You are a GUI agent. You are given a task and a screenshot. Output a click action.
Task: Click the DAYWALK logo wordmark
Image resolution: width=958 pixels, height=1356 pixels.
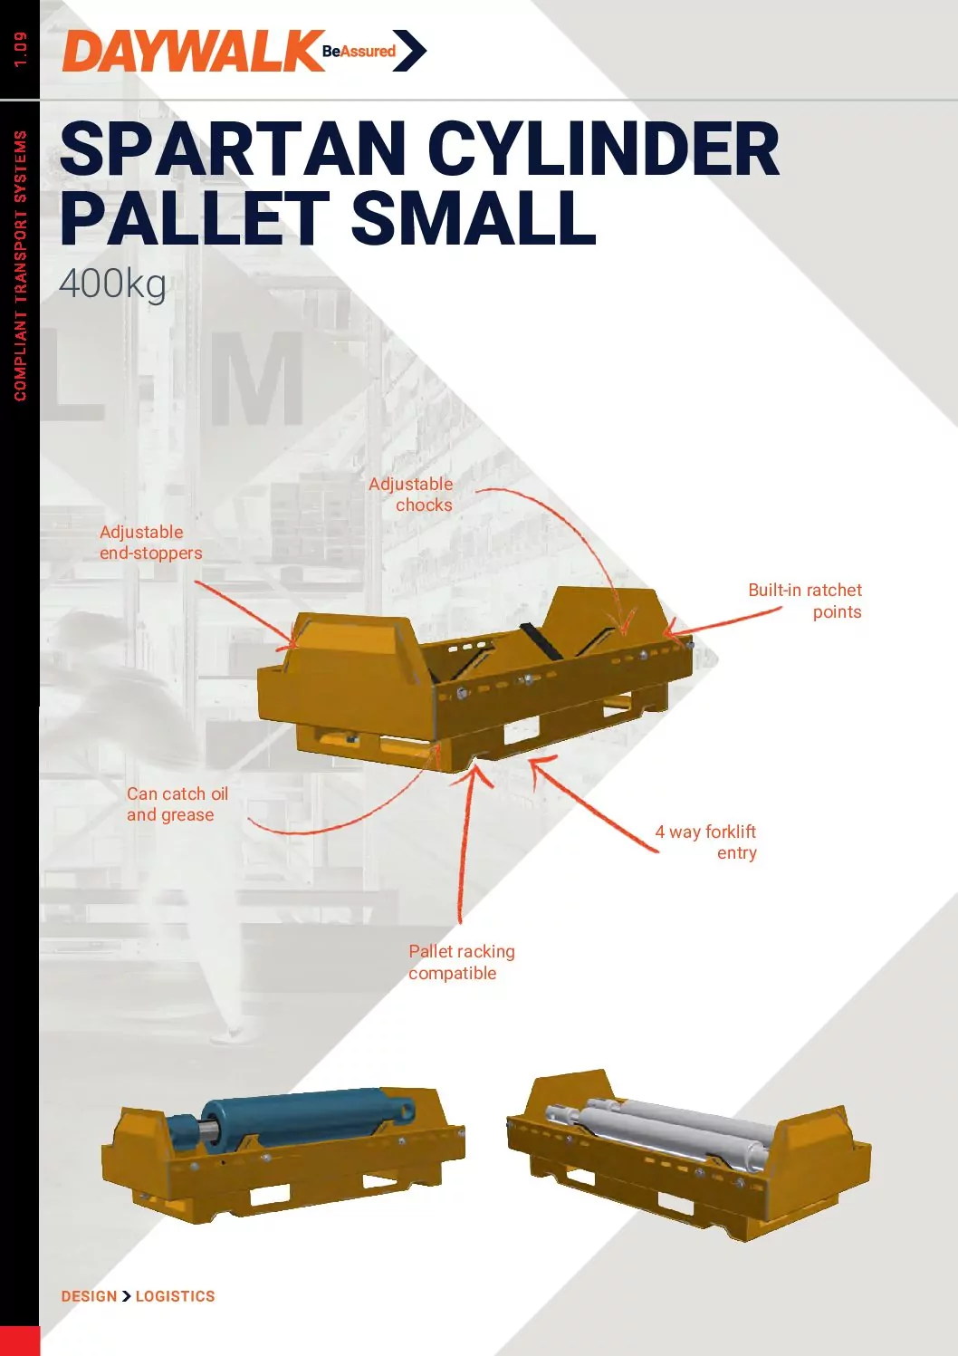[193, 52]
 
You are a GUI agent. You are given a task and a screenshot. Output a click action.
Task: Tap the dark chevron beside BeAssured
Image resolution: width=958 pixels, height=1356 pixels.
[409, 51]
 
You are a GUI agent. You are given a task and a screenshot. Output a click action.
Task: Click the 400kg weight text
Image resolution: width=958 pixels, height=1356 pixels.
[112, 284]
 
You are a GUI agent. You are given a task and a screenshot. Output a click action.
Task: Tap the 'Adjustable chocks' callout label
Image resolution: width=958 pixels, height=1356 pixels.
[411, 494]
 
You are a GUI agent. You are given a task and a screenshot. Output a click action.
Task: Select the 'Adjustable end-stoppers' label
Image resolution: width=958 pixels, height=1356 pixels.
[150, 543]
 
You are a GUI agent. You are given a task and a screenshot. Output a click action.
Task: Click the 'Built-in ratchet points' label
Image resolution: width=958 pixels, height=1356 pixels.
[805, 601]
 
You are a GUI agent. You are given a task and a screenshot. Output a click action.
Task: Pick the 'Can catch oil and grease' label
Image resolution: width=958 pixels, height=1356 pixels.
[177, 804]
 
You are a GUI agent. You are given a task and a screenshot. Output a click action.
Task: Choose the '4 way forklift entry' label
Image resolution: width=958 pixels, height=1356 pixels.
[705, 842]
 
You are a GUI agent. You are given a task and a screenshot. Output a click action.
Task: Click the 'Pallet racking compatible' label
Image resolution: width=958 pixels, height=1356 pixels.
[461, 962]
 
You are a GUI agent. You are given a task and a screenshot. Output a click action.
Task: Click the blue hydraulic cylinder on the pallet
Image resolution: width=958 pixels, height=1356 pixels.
[291, 1119]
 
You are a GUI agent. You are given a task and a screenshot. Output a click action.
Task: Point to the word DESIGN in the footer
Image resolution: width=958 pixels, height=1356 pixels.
[89, 1296]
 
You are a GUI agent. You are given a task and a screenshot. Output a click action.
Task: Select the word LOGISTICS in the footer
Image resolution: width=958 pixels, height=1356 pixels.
[175, 1296]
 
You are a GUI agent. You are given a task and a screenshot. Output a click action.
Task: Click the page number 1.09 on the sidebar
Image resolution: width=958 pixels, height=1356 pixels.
[21, 50]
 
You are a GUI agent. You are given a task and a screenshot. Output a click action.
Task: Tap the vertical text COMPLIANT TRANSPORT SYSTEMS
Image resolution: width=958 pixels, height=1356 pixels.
[21, 265]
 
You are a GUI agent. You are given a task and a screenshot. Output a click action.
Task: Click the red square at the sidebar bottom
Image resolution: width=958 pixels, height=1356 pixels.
[20, 1341]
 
